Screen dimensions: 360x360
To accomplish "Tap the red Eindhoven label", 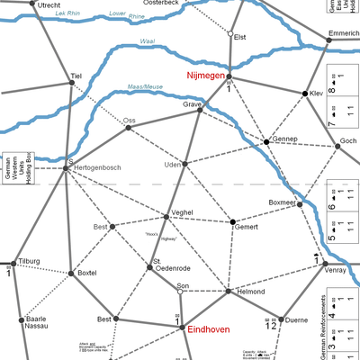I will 209,330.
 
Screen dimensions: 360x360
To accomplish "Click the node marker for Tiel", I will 72,83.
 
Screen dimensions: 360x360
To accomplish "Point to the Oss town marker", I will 128,128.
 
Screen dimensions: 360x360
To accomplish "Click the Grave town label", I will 193,104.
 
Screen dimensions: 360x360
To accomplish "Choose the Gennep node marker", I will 266,142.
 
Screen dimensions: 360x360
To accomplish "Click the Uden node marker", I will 184,164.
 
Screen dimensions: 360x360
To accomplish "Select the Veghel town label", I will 183,212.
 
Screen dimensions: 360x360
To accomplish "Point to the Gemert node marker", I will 232,221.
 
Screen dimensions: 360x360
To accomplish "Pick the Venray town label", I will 336,269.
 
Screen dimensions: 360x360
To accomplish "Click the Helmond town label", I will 251,292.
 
